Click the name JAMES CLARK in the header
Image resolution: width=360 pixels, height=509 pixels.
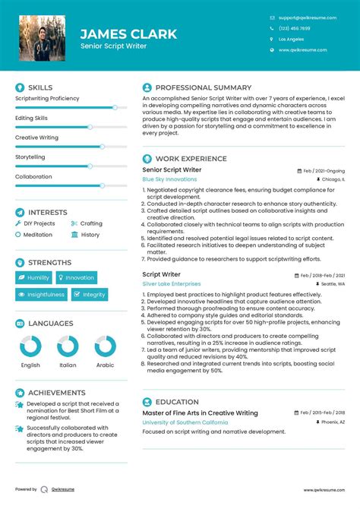128,34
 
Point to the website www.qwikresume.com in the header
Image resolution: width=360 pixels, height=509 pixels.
302,50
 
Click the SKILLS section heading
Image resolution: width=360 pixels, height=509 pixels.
40,88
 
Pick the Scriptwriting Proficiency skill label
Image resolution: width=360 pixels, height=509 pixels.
47,98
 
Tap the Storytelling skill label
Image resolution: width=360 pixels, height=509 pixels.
30,157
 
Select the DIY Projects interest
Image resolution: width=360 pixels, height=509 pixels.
39,223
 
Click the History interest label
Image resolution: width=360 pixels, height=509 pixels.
90,235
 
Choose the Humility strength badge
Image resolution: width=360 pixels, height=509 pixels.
33,278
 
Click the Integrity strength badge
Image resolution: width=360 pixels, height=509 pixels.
90,295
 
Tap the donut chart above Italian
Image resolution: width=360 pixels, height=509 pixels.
68,348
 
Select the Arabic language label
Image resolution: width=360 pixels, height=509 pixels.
105,365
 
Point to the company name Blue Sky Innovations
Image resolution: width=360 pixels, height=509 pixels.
169,179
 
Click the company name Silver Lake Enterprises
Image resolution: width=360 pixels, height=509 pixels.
172,283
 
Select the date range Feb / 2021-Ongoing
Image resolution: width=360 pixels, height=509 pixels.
324,170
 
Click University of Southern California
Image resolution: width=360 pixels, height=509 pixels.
185,422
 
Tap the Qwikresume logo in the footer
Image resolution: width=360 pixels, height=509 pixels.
46,489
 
